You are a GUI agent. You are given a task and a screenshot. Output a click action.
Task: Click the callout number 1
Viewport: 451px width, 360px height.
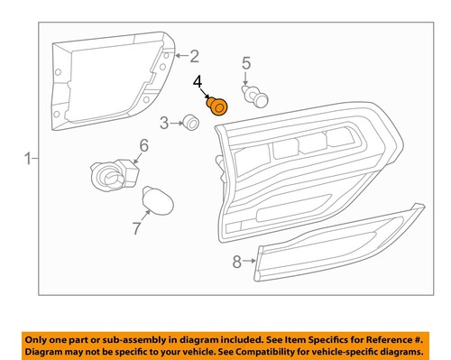pyautogui.click(x=24, y=160)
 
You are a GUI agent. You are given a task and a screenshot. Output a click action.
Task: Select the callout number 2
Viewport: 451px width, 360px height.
pyautogui.click(x=193, y=57)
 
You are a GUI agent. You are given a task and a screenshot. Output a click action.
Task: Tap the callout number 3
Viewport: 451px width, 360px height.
pyautogui.click(x=164, y=122)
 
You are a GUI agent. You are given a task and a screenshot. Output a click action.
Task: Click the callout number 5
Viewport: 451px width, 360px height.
pyautogui.click(x=244, y=63)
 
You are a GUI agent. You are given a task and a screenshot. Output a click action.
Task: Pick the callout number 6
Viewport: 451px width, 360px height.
pyautogui.click(x=143, y=145)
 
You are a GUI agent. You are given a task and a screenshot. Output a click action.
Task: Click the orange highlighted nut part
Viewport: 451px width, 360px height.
pyautogui.click(x=216, y=107)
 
